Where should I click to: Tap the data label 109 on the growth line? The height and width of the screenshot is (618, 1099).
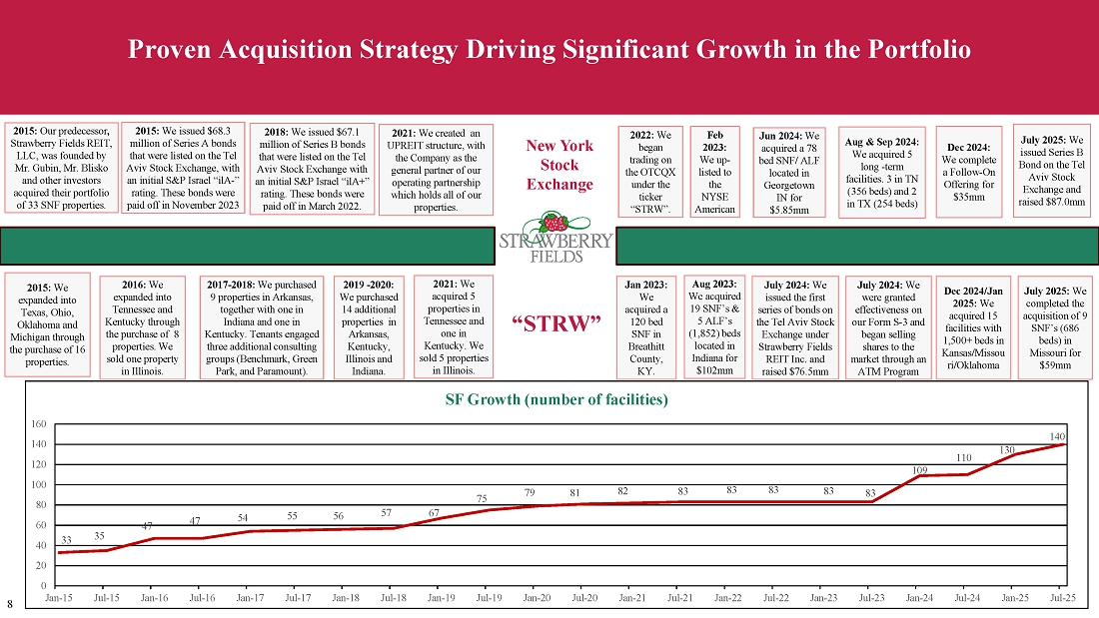(919, 469)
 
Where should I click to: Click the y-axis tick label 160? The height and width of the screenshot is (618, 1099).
(39, 424)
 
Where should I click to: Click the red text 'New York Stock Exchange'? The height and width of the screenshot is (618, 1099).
(558, 165)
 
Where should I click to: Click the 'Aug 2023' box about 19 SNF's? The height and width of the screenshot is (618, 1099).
(713, 327)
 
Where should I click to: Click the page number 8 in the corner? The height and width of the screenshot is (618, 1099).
(10, 604)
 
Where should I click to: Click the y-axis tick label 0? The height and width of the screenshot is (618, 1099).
(44, 585)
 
